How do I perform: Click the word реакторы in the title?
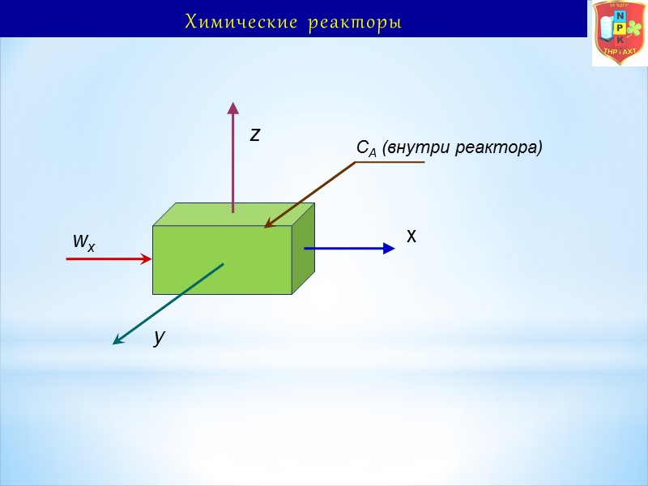(x=355, y=22)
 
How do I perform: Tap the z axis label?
(x=255, y=134)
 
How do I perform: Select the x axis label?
(x=411, y=236)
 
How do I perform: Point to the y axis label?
(x=160, y=337)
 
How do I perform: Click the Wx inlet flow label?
(x=83, y=241)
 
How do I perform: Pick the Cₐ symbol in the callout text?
(x=363, y=148)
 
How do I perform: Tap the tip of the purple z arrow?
(x=232, y=106)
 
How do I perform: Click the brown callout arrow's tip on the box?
(x=268, y=226)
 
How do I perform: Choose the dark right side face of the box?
(x=303, y=248)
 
